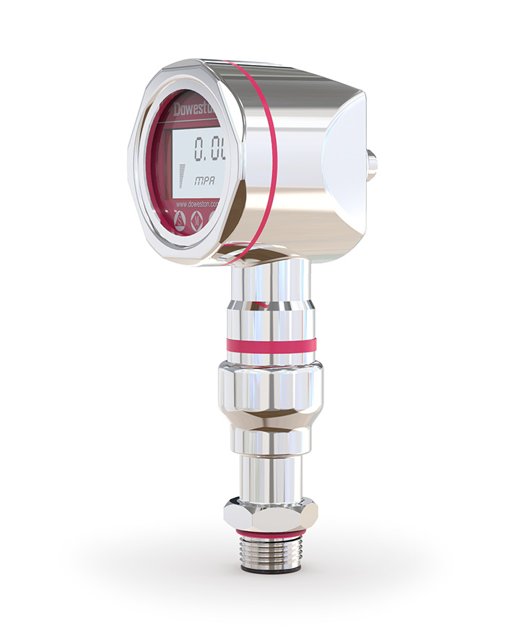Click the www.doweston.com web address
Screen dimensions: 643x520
(202, 205)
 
